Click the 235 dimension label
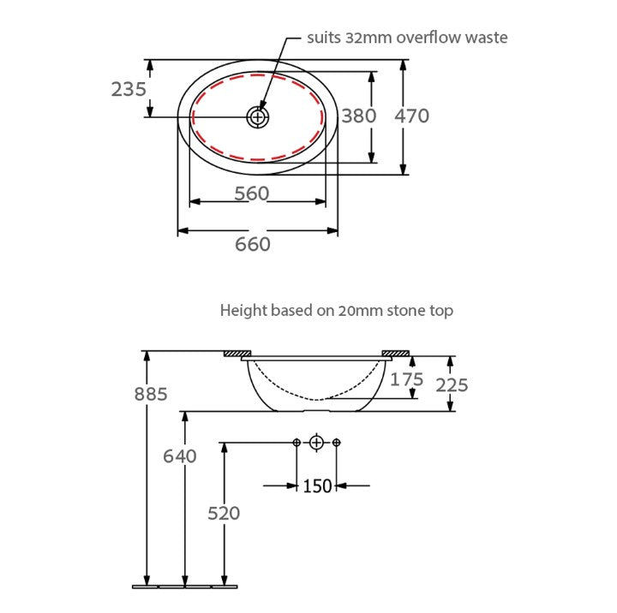[129, 88]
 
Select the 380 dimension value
[359, 116]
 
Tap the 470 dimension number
[411, 116]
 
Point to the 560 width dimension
[252, 193]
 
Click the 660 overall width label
[253, 244]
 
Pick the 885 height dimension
[151, 394]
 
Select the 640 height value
[180, 456]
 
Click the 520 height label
[224, 513]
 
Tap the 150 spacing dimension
[317, 486]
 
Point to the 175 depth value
[407, 379]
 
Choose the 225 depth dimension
[452, 385]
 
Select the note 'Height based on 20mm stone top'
[337, 310]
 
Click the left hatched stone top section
[237, 353]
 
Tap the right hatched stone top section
[396, 353]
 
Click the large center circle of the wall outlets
[316, 442]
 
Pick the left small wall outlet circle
[297, 442]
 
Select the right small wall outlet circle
[336, 442]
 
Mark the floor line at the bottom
[184, 586]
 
